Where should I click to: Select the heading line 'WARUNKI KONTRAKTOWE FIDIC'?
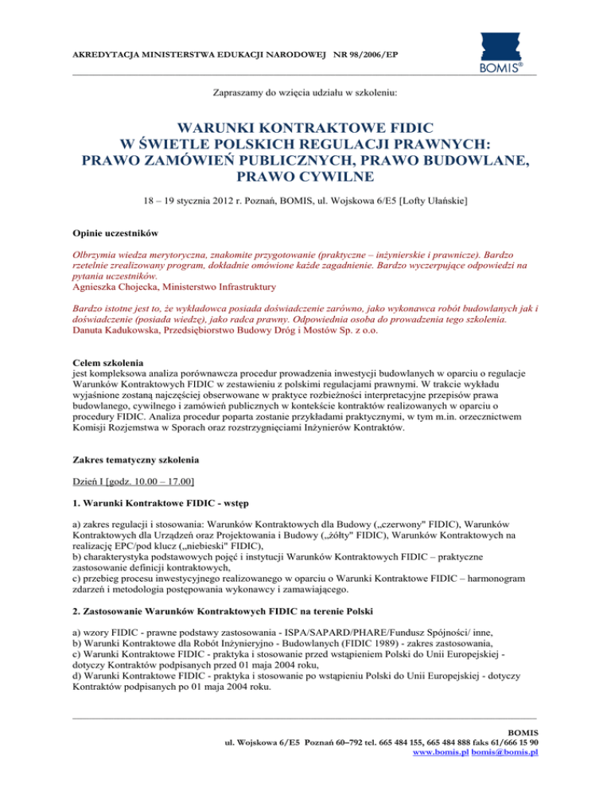[x=305, y=127]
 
